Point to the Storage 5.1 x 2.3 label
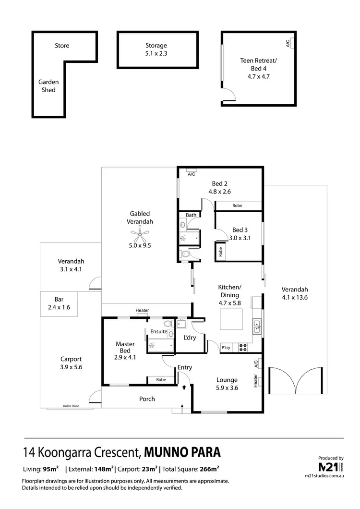[x=156, y=50]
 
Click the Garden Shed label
[x=47, y=86]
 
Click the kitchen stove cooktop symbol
[x=242, y=347]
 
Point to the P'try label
[x=226, y=348]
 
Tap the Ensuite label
[x=158, y=331]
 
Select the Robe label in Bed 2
[x=237, y=206]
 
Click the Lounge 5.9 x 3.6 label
[x=227, y=383]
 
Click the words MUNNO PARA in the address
[x=183, y=452]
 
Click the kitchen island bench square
[x=231, y=319]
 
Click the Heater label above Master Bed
[x=142, y=311]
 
